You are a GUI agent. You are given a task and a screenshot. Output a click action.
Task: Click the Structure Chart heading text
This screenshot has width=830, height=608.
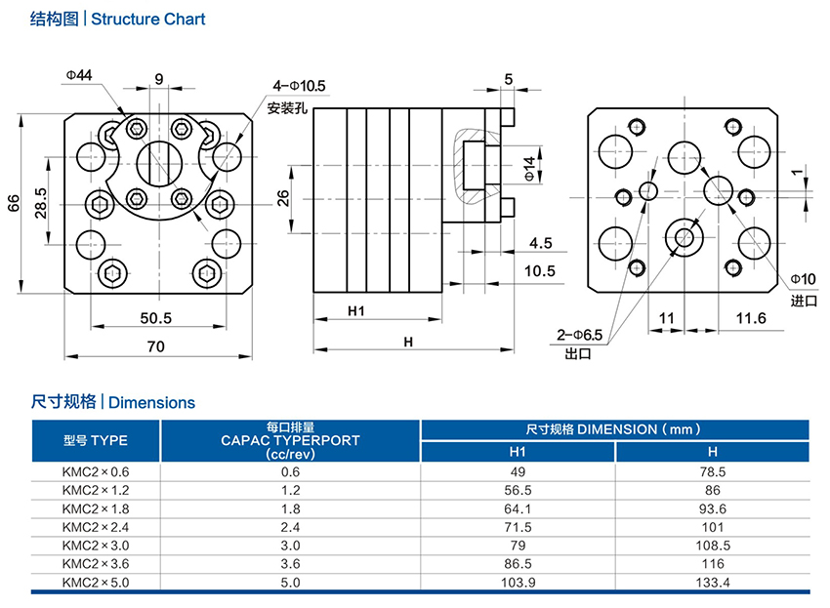tap(147, 19)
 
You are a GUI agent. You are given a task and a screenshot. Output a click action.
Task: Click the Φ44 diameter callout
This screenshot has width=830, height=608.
tap(79, 75)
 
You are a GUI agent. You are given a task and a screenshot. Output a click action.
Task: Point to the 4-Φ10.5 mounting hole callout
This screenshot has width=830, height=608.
tap(299, 85)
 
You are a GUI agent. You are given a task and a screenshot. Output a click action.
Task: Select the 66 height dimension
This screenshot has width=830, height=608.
tap(13, 203)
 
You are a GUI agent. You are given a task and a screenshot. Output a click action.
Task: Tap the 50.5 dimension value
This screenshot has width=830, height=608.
tap(155, 317)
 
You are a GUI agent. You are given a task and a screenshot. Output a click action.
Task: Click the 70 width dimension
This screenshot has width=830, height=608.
tap(155, 345)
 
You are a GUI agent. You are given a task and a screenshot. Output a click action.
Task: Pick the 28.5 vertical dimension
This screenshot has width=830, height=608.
tap(41, 204)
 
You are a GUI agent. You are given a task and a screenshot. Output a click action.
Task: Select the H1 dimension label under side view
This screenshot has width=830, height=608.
tap(355, 311)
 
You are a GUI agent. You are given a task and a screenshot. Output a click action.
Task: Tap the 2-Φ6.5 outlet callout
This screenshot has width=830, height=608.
tap(580, 336)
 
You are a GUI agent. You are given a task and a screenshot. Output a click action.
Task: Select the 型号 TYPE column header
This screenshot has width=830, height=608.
tap(95, 440)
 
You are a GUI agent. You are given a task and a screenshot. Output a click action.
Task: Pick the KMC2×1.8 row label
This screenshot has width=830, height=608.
tap(95, 508)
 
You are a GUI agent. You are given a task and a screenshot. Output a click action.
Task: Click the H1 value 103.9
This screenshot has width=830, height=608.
tap(518, 583)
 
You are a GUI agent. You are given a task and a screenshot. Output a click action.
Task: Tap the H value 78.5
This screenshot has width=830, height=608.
tap(712, 471)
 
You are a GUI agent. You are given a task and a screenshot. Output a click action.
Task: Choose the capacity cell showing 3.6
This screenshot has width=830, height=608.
tap(290, 564)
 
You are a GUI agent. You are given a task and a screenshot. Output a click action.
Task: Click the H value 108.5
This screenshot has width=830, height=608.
tap(712, 546)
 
